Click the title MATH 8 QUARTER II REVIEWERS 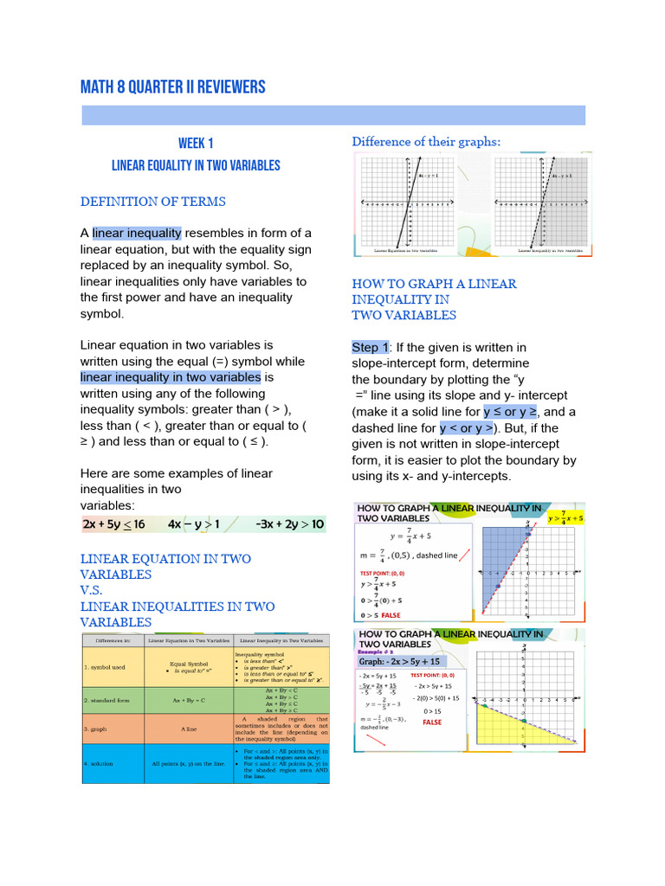pos(172,87)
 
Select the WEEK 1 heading pos(196,143)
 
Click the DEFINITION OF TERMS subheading pos(152,202)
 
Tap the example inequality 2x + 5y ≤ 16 pos(113,524)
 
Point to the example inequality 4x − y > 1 pos(194,524)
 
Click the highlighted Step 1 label pos(370,347)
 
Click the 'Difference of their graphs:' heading pos(426,141)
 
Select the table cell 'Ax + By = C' pos(189,700)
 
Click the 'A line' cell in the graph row pos(189,729)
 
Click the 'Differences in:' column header pos(113,640)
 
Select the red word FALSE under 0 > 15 pos(432,722)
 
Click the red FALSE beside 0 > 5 pos(391,615)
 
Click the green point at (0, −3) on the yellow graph pos(525,719)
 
